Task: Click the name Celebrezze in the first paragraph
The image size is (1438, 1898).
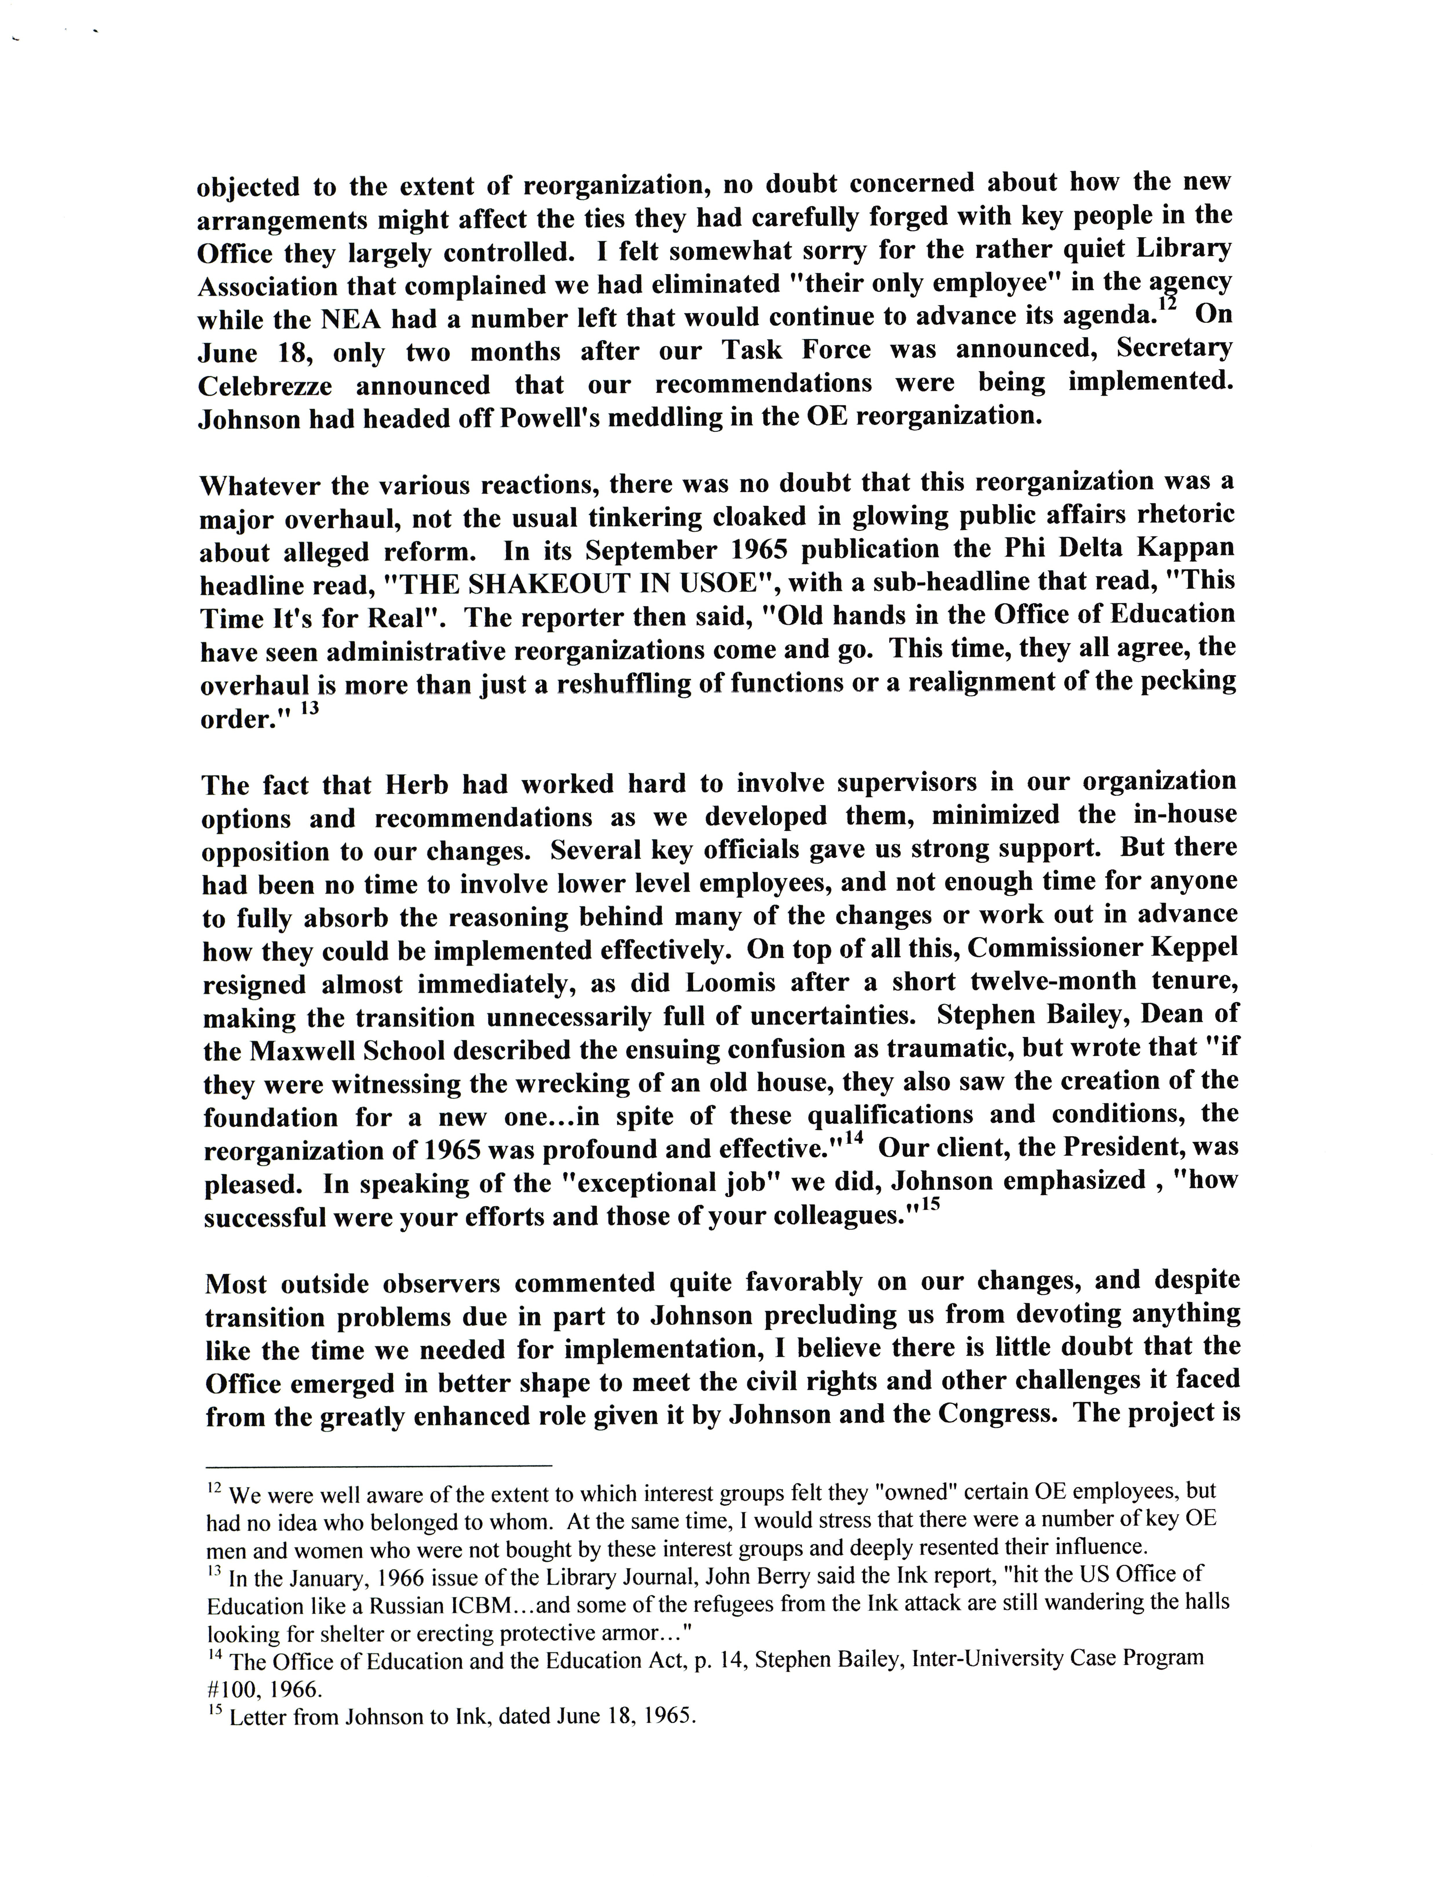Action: (x=264, y=386)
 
